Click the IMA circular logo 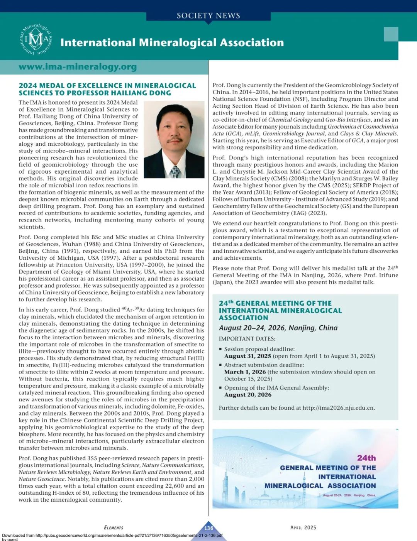(x=36, y=39)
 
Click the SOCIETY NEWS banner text (x=208, y=15)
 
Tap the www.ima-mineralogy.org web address (x=78, y=67)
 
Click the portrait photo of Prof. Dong (x=174, y=139)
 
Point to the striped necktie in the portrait (x=176, y=171)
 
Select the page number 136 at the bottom (x=208, y=528)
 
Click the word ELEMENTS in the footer (x=114, y=527)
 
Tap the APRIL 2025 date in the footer (x=303, y=527)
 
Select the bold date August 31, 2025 (x=247, y=356)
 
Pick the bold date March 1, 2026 (x=245, y=372)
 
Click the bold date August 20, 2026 (x=247, y=394)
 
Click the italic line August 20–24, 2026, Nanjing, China (x=278, y=328)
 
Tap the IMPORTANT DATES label (x=247, y=339)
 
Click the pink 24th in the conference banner (x=366, y=458)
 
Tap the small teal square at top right (x=391, y=34)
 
